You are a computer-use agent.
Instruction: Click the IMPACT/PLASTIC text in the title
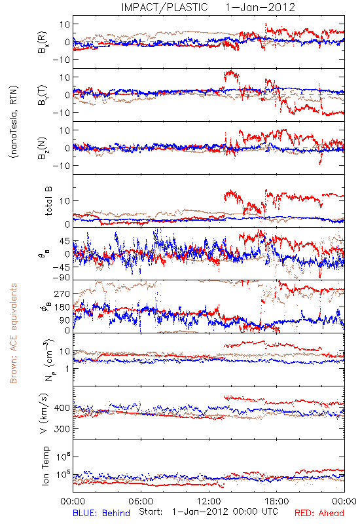point(164,7)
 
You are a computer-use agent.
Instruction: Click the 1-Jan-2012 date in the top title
point(260,7)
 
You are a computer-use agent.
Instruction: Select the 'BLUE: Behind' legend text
point(101,513)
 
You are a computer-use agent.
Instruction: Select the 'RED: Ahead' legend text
point(319,513)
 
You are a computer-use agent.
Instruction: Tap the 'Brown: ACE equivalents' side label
point(13,333)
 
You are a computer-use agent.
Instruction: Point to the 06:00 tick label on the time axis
point(141,501)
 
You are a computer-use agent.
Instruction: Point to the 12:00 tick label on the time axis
point(209,501)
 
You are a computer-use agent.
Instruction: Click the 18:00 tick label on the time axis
point(277,501)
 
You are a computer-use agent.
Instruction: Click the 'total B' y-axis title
point(48,201)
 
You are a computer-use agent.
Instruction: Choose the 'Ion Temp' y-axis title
point(45,466)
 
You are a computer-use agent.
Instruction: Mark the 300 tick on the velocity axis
point(62,428)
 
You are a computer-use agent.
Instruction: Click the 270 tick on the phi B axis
point(62,293)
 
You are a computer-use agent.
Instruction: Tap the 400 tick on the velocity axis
point(62,407)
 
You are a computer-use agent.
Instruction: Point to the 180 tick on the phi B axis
point(62,307)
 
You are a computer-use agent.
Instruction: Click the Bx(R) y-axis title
point(43,42)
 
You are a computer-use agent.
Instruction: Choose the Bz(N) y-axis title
point(43,148)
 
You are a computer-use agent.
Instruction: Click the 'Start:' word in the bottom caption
point(151,512)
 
